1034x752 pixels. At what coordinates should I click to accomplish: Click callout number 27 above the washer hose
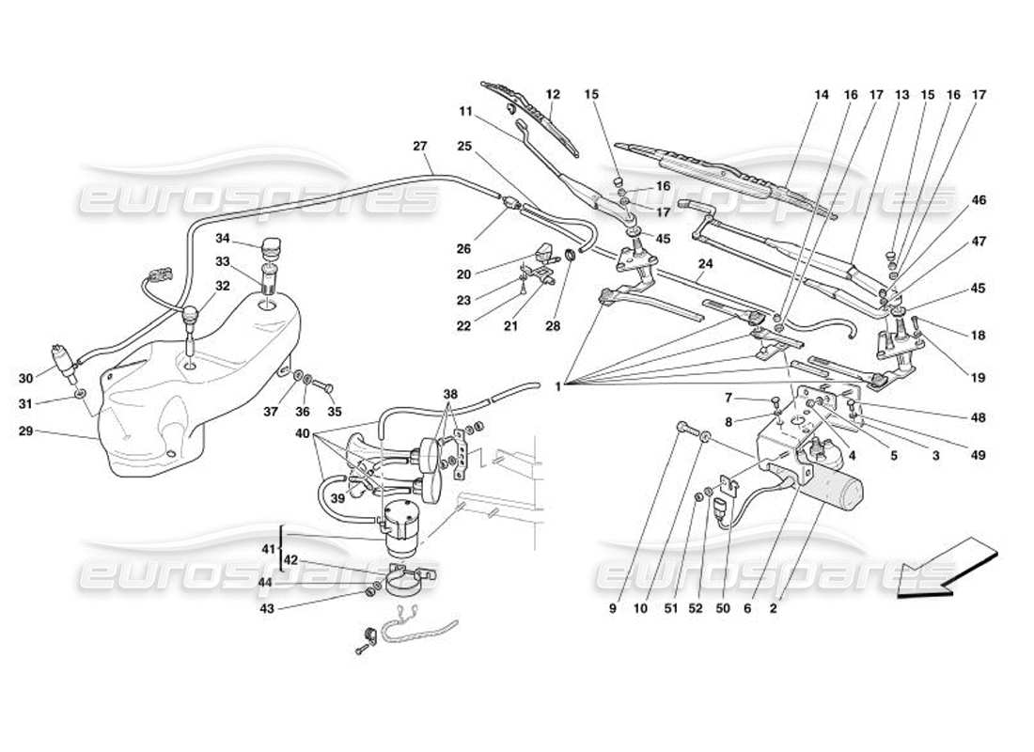pyautogui.click(x=420, y=146)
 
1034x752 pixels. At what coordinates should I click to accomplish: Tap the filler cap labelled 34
pyautogui.click(x=272, y=248)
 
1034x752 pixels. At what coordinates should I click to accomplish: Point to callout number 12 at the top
pyautogui.click(x=553, y=94)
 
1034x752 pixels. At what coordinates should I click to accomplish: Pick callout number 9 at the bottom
pyautogui.click(x=612, y=608)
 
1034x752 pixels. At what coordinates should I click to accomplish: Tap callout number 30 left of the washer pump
pyautogui.click(x=26, y=379)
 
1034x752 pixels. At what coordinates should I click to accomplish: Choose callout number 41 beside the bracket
pyautogui.click(x=266, y=550)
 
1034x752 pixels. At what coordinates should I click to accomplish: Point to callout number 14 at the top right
pyautogui.click(x=822, y=94)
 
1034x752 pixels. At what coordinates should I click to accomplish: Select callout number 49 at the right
pyautogui.click(x=979, y=456)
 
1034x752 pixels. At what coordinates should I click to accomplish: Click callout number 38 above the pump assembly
pyautogui.click(x=451, y=396)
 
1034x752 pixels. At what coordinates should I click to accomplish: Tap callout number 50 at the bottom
pyautogui.click(x=724, y=608)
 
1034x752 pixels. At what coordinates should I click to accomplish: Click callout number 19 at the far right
pyautogui.click(x=979, y=378)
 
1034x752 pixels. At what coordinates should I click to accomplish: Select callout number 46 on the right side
pyautogui.click(x=979, y=200)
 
